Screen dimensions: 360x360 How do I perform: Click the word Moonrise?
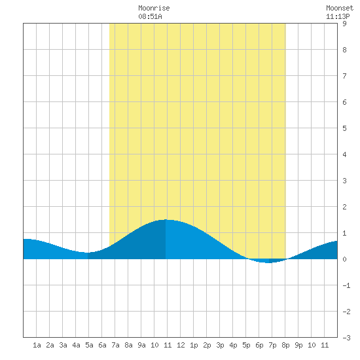pyautogui.click(x=154, y=8)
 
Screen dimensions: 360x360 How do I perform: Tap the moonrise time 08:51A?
pyautogui.click(x=150, y=16)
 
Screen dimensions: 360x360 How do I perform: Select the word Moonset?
pyautogui.click(x=340, y=8)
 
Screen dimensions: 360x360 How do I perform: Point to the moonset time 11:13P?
pyautogui.click(x=338, y=16)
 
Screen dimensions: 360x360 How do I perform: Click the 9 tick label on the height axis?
pyautogui.click(x=344, y=24)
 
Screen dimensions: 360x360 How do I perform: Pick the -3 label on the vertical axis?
pyautogui.click(x=346, y=338)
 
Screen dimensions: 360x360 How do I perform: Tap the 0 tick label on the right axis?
pyautogui.click(x=344, y=259)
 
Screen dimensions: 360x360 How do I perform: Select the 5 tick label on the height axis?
pyautogui.click(x=344, y=128)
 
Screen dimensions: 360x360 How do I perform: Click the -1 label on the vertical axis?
pyautogui.click(x=346, y=285)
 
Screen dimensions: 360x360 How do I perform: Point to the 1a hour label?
pyautogui.click(x=37, y=345)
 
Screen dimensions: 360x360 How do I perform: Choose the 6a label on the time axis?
pyautogui.click(x=102, y=345)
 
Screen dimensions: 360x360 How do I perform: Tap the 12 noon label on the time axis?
pyautogui.click(x=181, y=345)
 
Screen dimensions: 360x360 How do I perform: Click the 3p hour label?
pyautogui.click(x=220, y=345)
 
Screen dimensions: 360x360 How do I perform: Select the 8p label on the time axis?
pyautogui.click(x=285, y=345)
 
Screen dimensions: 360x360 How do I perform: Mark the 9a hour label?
pyautogui.click(x=141, y=345)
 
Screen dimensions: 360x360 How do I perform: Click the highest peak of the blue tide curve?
pyautogui.click(x=166, y=220)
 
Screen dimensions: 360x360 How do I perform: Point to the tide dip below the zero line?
pyautogui.click(x=268, y=262)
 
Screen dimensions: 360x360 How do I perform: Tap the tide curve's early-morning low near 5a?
pyautogui.click(x=88, y=253)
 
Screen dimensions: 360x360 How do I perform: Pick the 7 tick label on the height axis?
pyautogui.click(x=344, y=76)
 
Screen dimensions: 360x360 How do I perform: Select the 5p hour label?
pyautogui.click(x=246, y=345)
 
